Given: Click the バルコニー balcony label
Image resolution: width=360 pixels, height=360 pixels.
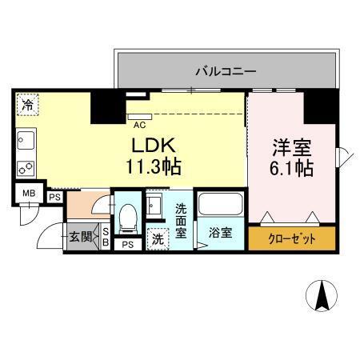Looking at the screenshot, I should (226, 71).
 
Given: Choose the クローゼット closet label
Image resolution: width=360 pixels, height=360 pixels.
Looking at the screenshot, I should (292, 239).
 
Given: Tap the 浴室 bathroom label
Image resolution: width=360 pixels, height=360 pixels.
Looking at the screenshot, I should (221, 234).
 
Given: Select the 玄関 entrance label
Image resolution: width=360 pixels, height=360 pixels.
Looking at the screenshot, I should (80, 237).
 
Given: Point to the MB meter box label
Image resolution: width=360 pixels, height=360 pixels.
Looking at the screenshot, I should (29, 194).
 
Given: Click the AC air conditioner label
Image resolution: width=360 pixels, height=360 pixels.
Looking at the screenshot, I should (139, 125).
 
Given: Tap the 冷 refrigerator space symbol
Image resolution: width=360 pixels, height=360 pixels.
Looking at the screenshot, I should (28, 104).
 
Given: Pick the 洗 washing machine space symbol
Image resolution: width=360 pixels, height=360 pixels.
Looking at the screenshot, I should (158, 238).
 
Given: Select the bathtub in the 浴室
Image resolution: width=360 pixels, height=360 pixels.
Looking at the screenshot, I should (220, 204).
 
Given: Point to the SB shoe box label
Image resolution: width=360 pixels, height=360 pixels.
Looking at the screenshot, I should (106, 237).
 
